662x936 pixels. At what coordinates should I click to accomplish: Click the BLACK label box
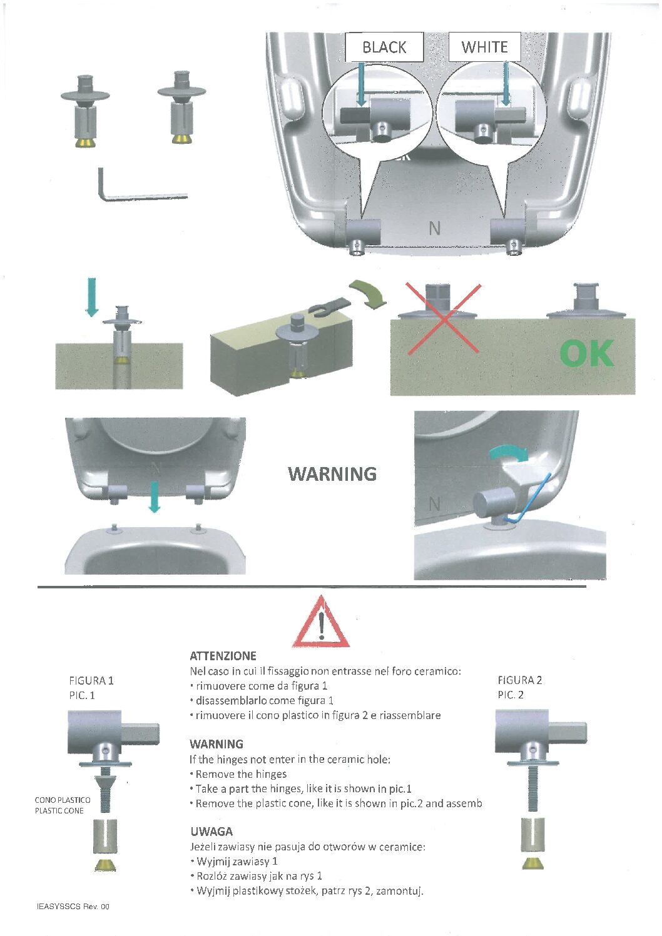pyautogui.click(x=384, y=47)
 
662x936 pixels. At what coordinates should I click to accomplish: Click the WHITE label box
pyautogui.click(x=484, y=46)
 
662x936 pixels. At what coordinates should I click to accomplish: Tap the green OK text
pyautogui.click(x=587, y=353)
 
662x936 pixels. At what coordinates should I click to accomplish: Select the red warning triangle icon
pyautogui.click(x=321, y=622)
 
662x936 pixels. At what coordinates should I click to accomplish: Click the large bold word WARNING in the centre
pyautogui.click(x=332, y=474)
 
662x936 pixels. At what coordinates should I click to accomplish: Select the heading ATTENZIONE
pyautogui.click(x=223, y=656)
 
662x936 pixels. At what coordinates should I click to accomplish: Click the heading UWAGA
pyautogui.click(x=211, y=831)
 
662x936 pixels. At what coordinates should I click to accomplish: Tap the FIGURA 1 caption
pyautogui.click(x=91, y=681)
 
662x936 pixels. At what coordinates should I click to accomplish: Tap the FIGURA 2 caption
pyautogui.click(x=519, y=680)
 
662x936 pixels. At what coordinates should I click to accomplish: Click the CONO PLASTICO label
pyautogui.click(x=63, y=800)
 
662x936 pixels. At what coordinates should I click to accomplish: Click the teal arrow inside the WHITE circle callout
pyautogui.click(x=506, y=84)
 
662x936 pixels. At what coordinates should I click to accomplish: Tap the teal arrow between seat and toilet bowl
pyautogui.click(x=155, y=497)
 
